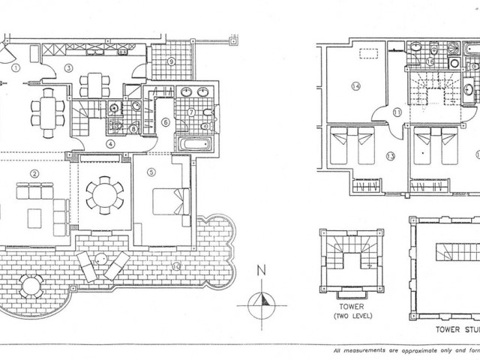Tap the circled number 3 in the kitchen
point(67,68)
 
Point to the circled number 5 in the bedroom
point(151,172)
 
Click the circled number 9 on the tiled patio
point(171,61)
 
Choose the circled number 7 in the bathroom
point(191,112)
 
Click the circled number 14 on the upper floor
point(356,86)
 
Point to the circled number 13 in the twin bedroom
point(390,156)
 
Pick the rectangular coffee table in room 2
point(35,217)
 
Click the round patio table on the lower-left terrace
point(31,286)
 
